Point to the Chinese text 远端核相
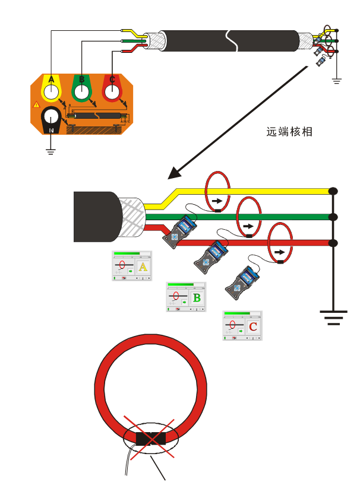click(x=289, y=132)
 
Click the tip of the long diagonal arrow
click(x=170, y=177)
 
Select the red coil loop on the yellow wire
click(x=217, y=191)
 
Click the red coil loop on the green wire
click(x=250, y=218)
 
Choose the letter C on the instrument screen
click(x=253, y=326)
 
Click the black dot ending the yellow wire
click(x=333, y=191)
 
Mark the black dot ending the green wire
click(x=333, y=217)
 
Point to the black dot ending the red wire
click(x=333, y=243)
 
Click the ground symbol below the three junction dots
click(x=333, y=315)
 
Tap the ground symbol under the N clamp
click(x=51, y=151)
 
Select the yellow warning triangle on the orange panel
click(x=37, y=104)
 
